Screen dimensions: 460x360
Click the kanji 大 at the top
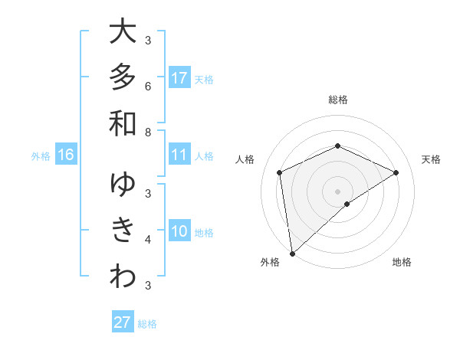click(123, 32)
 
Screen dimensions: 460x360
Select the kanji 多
click(123, 77)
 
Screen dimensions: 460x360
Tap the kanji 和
click(123, 123)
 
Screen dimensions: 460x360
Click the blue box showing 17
click(179, 78)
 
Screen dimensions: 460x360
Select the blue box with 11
click(179, 155)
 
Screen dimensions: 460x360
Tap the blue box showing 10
click(179, 231)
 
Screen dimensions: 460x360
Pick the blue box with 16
click(66, 155)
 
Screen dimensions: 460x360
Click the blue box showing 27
click(123, 322)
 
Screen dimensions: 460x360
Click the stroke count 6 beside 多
click(148, 86)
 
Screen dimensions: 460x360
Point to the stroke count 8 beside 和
click(148, 132)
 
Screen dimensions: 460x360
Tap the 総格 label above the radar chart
click(338, 100)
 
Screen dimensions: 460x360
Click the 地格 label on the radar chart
click(402, 263)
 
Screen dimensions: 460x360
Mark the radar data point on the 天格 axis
click(396, 172)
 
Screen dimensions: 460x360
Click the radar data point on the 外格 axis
click(292, 254)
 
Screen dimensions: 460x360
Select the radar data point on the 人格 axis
click(280, 172)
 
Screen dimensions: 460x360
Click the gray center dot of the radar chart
click(338, 191)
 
